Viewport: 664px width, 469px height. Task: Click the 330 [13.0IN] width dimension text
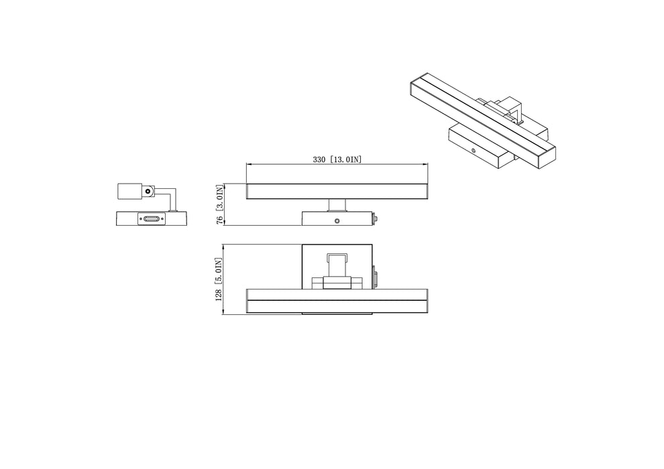click(x=337, y=159)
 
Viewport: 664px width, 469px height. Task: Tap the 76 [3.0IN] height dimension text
click(x=219, y=205)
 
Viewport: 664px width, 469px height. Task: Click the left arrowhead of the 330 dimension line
click(x=250, y=164)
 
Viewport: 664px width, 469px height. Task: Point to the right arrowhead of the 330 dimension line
click(x=425, y=164)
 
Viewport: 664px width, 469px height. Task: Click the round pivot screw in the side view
click(x=148, y=191)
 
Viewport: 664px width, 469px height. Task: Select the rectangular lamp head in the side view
click(x=129, y=191)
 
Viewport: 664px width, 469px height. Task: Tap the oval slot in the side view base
click(x=152, y=218)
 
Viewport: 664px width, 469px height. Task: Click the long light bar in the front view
click(x=337, y=192)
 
